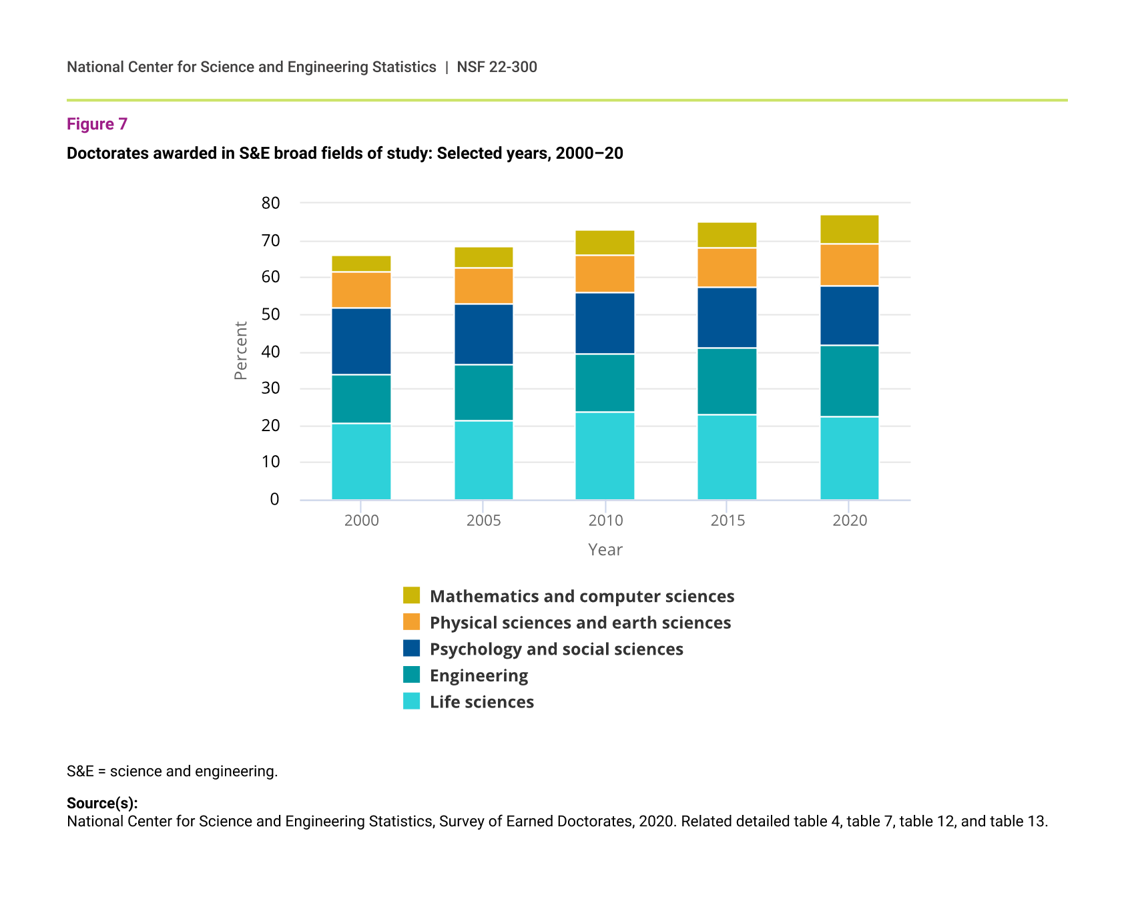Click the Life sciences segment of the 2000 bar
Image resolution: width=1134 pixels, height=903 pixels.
tap(361, 461)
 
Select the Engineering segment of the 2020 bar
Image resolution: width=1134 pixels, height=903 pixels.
tap(849, 381)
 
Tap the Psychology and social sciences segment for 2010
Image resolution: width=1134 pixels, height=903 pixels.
tap(605, 324)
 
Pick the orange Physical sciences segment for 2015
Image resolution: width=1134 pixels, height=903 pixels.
tap(727, 268)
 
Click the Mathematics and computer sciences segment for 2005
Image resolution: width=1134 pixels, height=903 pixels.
tap(483, 258)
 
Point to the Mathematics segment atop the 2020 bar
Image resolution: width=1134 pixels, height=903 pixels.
tap(849, 230)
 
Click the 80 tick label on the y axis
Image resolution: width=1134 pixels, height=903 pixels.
tap(271, 204)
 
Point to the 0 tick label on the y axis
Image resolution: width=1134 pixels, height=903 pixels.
tap(274, 499)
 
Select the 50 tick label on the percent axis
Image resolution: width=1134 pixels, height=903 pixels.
tap(271, 314)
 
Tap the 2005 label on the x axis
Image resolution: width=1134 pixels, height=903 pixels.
tap(483, 521)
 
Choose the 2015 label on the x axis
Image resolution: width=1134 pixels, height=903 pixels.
tap(728, 521)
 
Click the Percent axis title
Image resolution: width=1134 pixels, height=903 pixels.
tap(241, 350)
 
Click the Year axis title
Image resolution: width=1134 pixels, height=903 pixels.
tap(605, 550)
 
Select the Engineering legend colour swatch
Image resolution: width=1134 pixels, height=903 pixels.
tap(412, 675)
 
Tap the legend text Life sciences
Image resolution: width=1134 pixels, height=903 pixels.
tap(481, 702)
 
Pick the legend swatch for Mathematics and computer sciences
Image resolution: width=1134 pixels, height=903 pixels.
tap(412, 595)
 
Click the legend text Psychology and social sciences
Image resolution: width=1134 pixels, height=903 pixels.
tap(556, 649)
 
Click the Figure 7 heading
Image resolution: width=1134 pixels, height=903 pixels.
tap(97, 124)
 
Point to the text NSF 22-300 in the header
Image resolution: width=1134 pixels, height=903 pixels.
tap(497, 67)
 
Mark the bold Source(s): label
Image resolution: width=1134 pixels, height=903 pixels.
tap(102, 803)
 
